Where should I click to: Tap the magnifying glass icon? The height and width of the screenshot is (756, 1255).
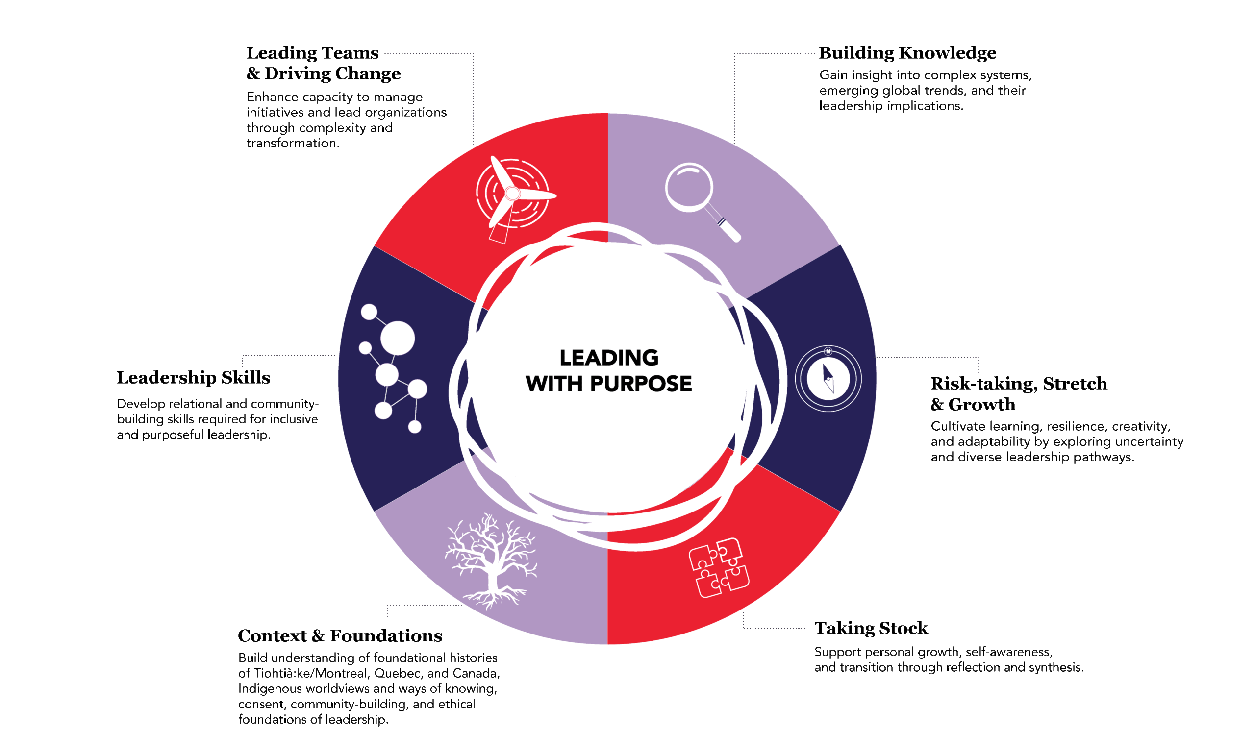[702, 201]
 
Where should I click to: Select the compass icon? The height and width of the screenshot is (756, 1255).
[828, 379]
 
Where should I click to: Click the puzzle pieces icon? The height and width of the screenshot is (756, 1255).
[719, 568]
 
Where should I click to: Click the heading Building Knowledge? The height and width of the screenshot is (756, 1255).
[907, 53]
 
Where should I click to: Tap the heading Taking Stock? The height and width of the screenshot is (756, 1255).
[871, 628]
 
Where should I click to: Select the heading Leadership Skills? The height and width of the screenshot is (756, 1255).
[194, 378]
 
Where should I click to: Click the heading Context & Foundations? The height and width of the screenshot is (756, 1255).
[340, 635]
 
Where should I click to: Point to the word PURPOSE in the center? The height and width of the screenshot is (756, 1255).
[641, 384]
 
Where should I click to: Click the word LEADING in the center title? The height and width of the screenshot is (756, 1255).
[609, 358]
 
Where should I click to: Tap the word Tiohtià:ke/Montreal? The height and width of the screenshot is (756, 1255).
[311, 673]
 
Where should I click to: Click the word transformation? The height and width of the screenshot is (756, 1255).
[293, 143]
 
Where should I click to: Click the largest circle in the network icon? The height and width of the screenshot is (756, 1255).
[397, 338]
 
